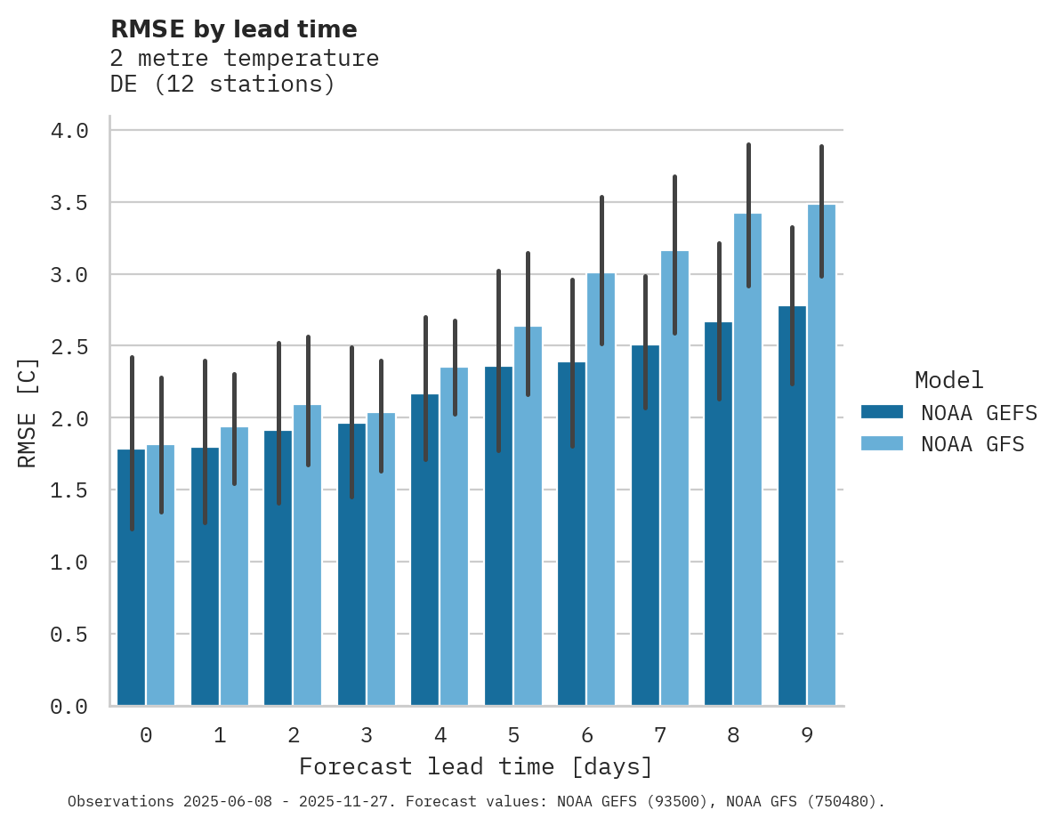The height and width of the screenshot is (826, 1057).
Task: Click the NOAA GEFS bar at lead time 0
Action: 131,579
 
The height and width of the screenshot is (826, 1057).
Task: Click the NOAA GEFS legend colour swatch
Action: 882,412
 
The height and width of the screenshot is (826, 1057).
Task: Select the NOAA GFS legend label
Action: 972,444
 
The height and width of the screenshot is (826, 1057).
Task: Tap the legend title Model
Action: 948,380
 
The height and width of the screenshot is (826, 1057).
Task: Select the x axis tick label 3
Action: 366,735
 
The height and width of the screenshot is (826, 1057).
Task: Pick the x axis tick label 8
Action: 733,735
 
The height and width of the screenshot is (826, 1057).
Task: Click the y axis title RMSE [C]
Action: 28,413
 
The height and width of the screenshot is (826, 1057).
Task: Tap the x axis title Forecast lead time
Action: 476,766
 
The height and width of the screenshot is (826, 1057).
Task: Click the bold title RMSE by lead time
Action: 233,29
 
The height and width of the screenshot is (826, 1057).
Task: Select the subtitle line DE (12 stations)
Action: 222,85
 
